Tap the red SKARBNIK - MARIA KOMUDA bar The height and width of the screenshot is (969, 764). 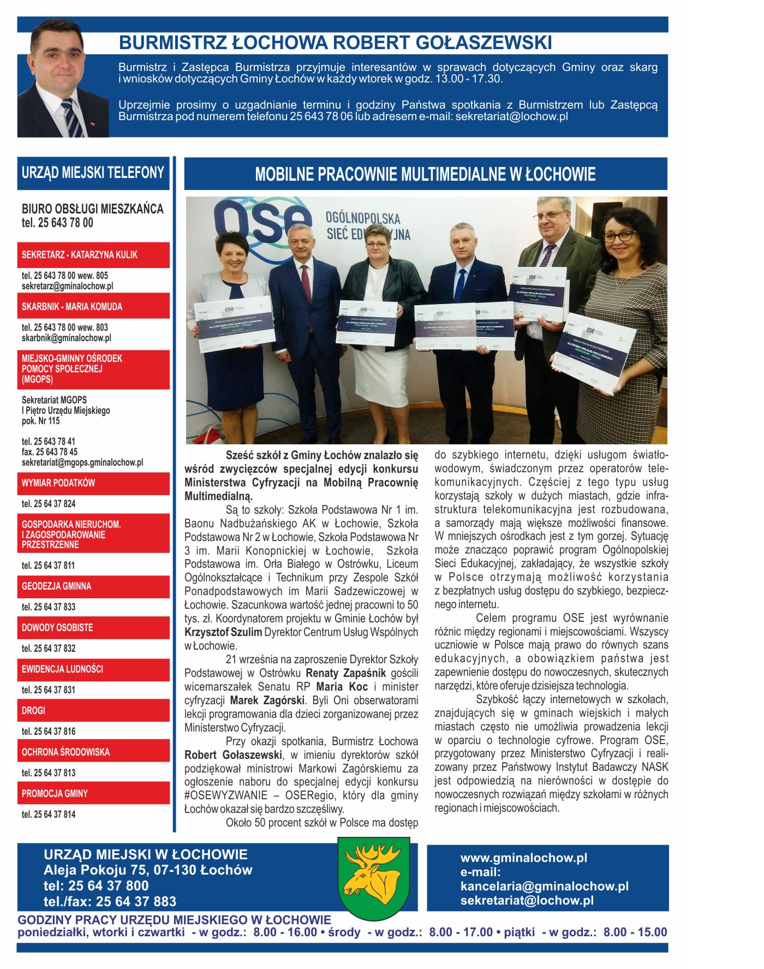point(93,306)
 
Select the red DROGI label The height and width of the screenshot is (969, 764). point(93,710)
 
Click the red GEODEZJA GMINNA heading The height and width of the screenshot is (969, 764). point(93,586)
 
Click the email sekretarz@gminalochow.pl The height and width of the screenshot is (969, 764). point(67,286)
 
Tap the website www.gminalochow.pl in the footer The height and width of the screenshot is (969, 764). point(523,858)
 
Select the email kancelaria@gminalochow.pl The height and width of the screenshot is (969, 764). point(544,886)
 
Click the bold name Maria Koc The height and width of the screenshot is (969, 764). point(342,687)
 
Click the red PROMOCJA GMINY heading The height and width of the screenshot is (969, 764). point(93,793)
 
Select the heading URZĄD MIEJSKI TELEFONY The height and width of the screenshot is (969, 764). point(93,173)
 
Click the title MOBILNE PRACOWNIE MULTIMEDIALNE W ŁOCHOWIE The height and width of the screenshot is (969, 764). point(425,174)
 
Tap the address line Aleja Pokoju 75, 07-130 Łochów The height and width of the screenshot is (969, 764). point(148,870)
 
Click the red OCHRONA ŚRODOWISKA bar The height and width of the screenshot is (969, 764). point(93,752)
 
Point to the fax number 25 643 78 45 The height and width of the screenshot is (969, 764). point(50,452)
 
